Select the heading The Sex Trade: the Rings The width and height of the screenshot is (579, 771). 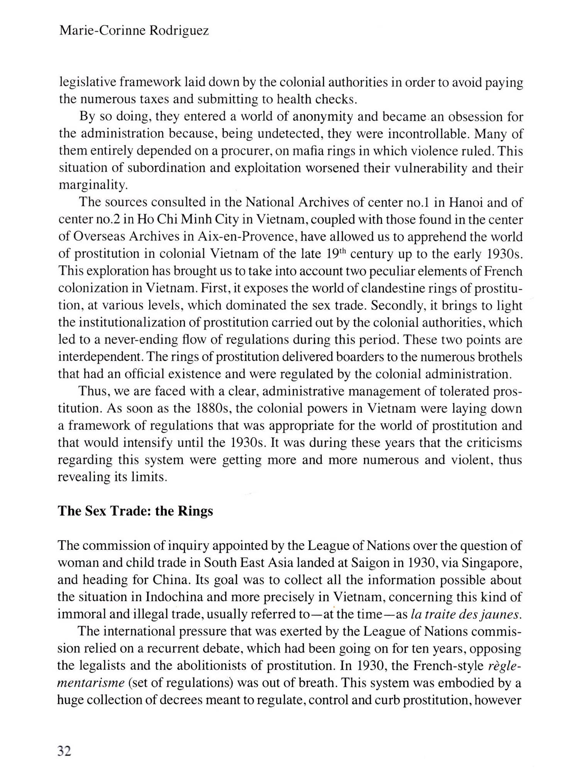pos(135,511)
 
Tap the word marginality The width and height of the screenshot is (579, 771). pos(93,185)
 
